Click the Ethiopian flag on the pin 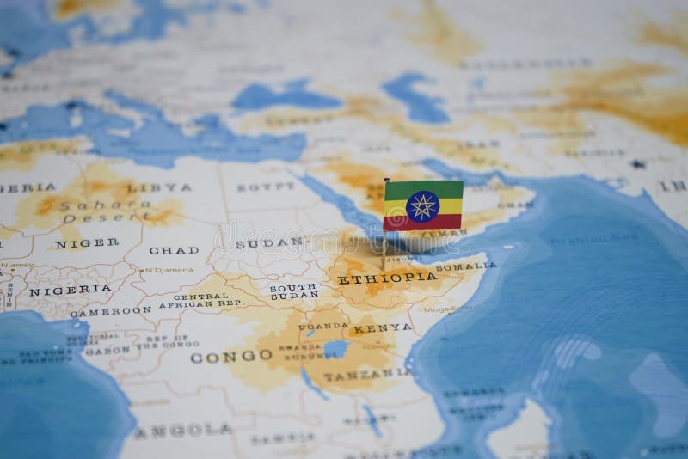[422, 205]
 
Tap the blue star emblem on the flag [422, 206]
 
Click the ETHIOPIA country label [387, 278]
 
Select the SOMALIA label [465, 267]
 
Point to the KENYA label [370, 327]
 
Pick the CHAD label [173, 250]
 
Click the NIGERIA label [58, 291]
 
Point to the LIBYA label [159, 187]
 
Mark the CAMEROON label [110, 311]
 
